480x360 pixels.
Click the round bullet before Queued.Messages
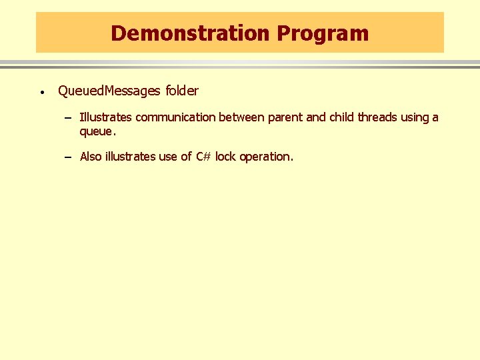pyautogui.click(x=41, y=92)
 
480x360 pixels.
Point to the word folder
pyautogui.click(x=181, y=91)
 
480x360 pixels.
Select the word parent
pyautogui.click(x=285, y=117)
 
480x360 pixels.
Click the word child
pyautogui.click(x=341, y=117)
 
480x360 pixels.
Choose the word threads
pyautogui.click(x=377, y=117)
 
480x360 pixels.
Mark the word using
pyautogui.click(x=415, y=117)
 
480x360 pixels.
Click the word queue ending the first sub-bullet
pyautogui.click(x=93, y=132)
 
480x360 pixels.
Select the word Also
pyautogui.click(x=91, y=157)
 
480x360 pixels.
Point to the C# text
pyautogui.click(x=203, y=157)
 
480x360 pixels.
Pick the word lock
pyautogui.click(x=225, y=157)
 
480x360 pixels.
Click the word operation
pyautogui.click(x=266, y=157)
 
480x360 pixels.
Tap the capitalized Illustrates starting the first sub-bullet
pyautogui.click(x=106, y=117)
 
